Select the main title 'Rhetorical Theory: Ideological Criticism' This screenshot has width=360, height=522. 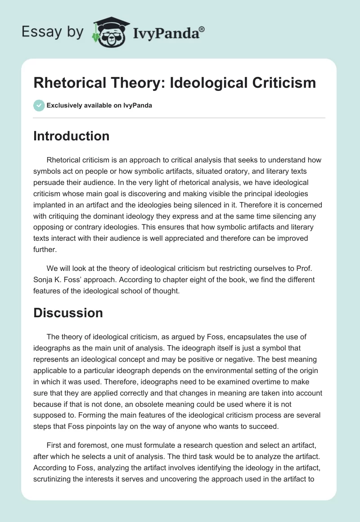(175, 83)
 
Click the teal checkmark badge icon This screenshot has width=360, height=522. (39, 105)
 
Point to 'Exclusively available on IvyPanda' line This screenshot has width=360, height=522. (99, 106)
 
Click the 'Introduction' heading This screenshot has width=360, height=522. (71, 136)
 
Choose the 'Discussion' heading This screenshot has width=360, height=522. (68, 313)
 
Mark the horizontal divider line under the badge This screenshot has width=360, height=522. (179, 118)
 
